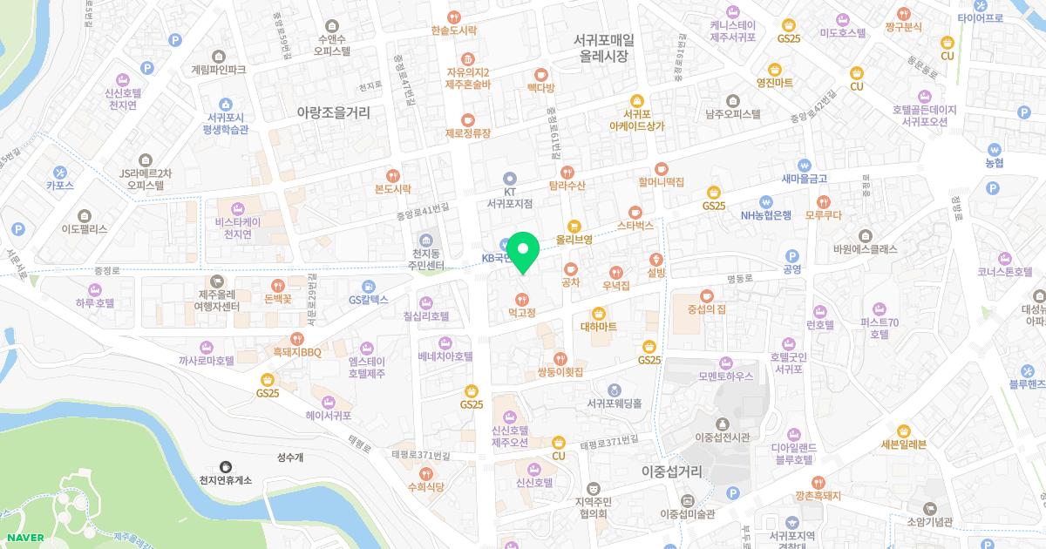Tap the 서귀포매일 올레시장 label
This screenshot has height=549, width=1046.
(x=604, y=48)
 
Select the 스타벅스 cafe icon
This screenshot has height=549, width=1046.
(x=635, y=211)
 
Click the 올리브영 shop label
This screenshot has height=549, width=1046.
(x=574, y=239)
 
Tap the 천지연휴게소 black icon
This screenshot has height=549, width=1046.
(x=226, y=466)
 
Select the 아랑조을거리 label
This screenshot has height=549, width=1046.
(x=334, y=112)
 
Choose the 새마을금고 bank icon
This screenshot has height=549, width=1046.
(x=805, y=165)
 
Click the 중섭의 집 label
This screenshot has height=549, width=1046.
(x=707, y=308)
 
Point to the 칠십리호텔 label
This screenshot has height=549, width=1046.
(x=426, y=316)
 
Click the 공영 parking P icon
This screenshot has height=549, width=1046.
(x=791, y=256)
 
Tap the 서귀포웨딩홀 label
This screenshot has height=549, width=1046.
(x=614, y=403)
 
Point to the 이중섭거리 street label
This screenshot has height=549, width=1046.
(x=671, y=471)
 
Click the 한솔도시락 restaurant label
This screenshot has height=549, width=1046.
(x=453, y=30)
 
